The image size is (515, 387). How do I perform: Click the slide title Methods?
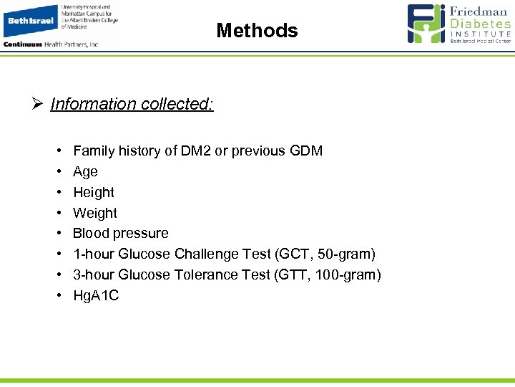[x=257, y=31]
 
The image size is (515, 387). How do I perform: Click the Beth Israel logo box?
[x=30, y=21]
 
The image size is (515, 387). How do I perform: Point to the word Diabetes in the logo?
[x=481, y=24]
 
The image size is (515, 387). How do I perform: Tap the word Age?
[x=85, y=172]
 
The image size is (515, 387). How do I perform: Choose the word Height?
[x=93, y=192]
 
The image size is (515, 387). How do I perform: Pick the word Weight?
[x=94, y=213]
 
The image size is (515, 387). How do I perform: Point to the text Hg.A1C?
[x=96, y=295]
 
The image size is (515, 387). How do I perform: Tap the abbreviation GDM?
[x=306, y=151]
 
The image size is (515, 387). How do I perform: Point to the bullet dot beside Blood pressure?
[x=57, y=234]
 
